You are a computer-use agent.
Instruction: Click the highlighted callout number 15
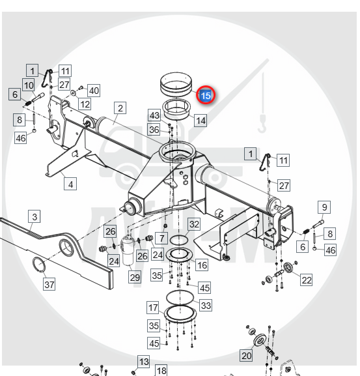206,95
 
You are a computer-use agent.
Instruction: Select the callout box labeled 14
201,121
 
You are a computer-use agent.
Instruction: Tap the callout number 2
120,108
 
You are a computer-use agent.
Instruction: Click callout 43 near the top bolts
154,115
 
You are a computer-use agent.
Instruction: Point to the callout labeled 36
154,130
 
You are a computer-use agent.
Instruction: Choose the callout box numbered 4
70,184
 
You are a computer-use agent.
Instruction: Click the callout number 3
35,216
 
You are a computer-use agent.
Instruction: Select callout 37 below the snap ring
49,284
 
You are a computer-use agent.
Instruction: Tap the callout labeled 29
135,277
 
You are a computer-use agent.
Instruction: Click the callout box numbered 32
194,224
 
